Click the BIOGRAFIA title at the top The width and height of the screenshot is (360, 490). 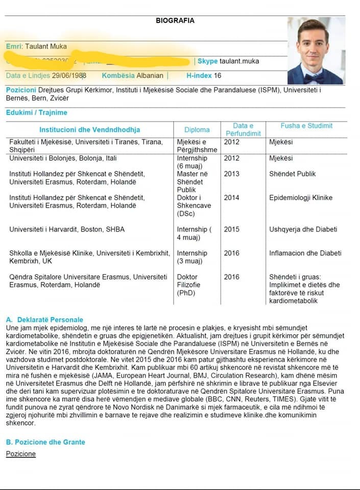point(175,21)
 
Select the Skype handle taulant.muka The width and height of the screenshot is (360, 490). point(239,61)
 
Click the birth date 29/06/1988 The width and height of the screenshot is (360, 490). point(68,76)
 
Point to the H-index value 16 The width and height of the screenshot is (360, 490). point(218,76)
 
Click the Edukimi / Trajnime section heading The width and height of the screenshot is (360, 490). point(36,112)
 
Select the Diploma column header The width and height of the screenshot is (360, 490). point(197,130)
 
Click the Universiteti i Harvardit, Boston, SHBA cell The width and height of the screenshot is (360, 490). point(67,229)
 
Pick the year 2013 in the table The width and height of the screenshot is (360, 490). point(231,174)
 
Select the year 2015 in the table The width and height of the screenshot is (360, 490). point(231,229)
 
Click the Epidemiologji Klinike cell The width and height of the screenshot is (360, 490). point(301,198)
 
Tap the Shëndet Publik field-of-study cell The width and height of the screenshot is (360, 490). point(293,174)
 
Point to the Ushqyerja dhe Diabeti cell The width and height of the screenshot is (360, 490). point(303,229)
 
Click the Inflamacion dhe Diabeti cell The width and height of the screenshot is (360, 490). point(305,253)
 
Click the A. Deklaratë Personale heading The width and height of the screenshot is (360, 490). point(44,320)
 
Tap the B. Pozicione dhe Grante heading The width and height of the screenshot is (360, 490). point(45,442)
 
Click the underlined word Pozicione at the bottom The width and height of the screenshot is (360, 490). point(21,453)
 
